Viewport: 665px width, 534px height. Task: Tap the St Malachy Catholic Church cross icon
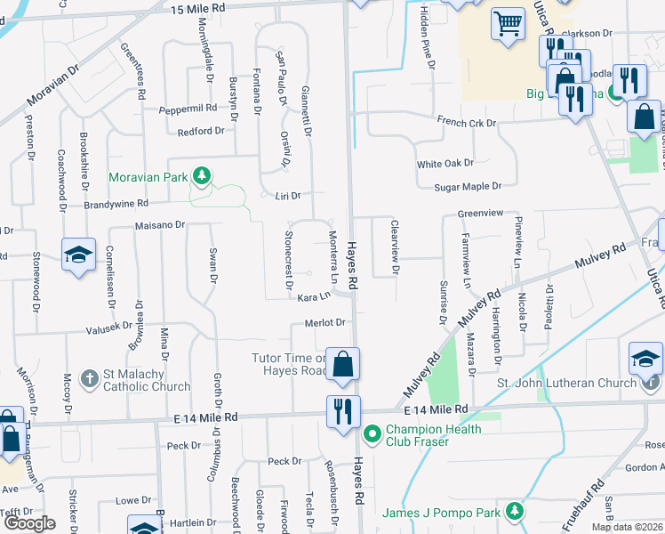tap(88, 380)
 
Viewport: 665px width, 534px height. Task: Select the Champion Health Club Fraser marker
tap(372, 435)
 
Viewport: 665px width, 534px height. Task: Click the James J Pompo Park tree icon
tap(514, 512)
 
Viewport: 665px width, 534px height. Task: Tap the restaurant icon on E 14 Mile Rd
tap(343, 411)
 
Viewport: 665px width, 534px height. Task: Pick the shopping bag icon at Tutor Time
tap(343, 363)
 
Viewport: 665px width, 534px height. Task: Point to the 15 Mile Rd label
tap(196, 8)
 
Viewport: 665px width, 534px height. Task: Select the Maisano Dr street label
tap(159, 225)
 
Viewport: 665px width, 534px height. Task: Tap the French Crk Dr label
tap(466, 122)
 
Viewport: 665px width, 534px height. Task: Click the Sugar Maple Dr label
tap(469, 186)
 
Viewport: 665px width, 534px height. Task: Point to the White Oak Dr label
tap(445, 164)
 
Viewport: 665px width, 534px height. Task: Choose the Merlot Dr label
tap(324, 322)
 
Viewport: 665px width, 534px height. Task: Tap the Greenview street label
tap(480, 214)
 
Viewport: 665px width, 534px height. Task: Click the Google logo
tap(29, 522)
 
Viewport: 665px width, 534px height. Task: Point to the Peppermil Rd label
tap(188, 109)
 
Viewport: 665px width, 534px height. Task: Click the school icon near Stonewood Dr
tap(78, 255)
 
